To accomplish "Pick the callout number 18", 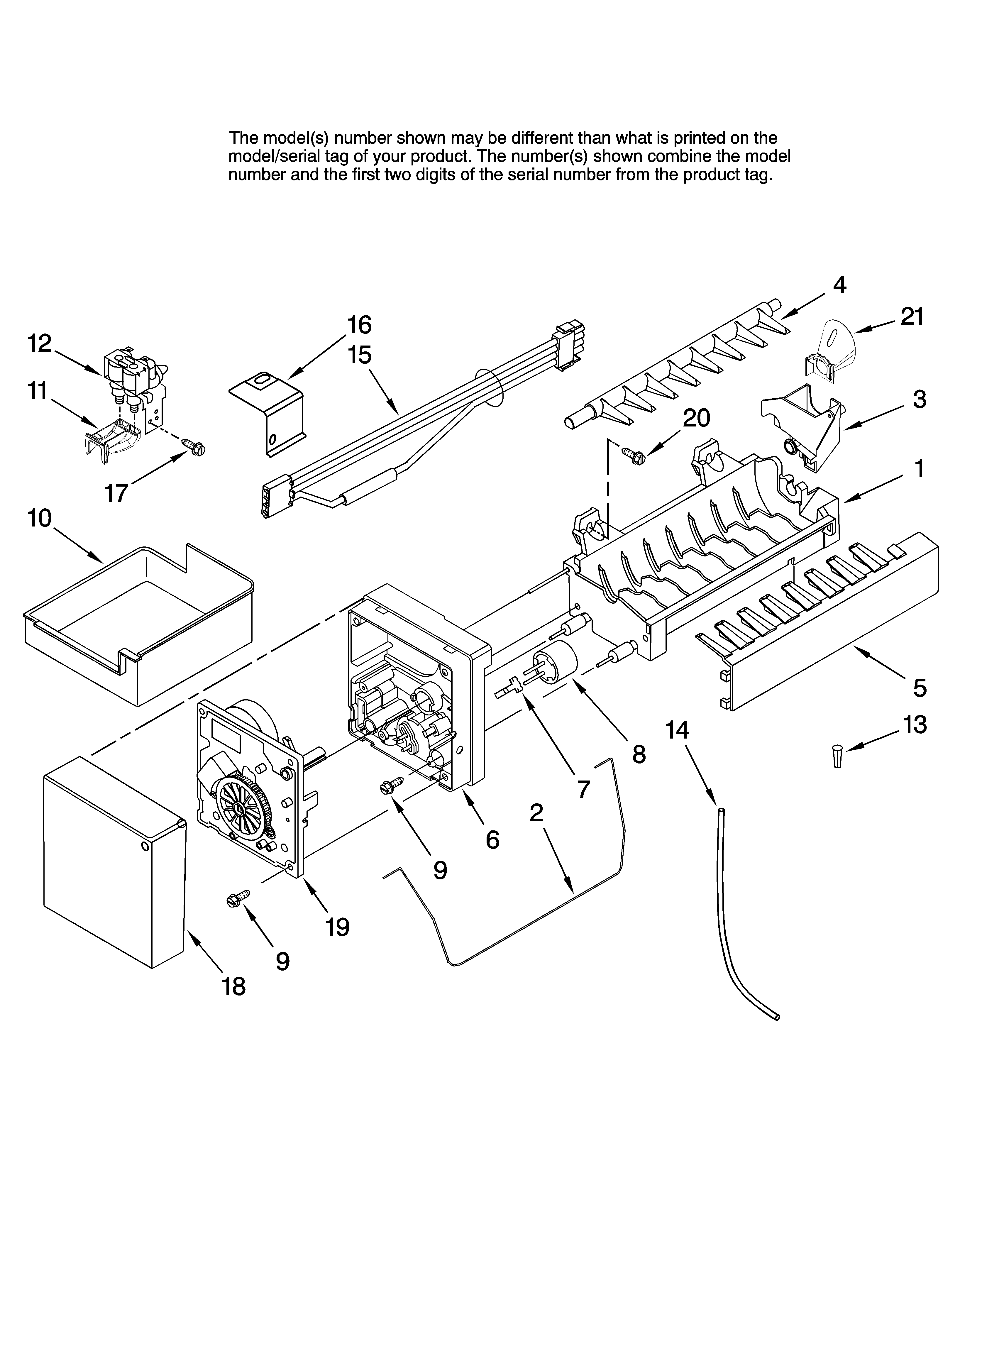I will [x=234, y=986].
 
